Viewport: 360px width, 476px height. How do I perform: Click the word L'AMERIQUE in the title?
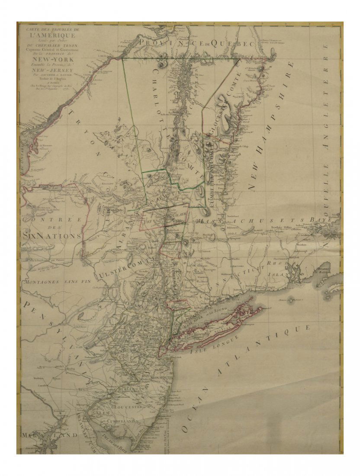point(50,35)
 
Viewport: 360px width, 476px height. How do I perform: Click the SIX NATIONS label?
point(51,236)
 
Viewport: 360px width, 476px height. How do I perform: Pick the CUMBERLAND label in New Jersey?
point(123,421)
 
